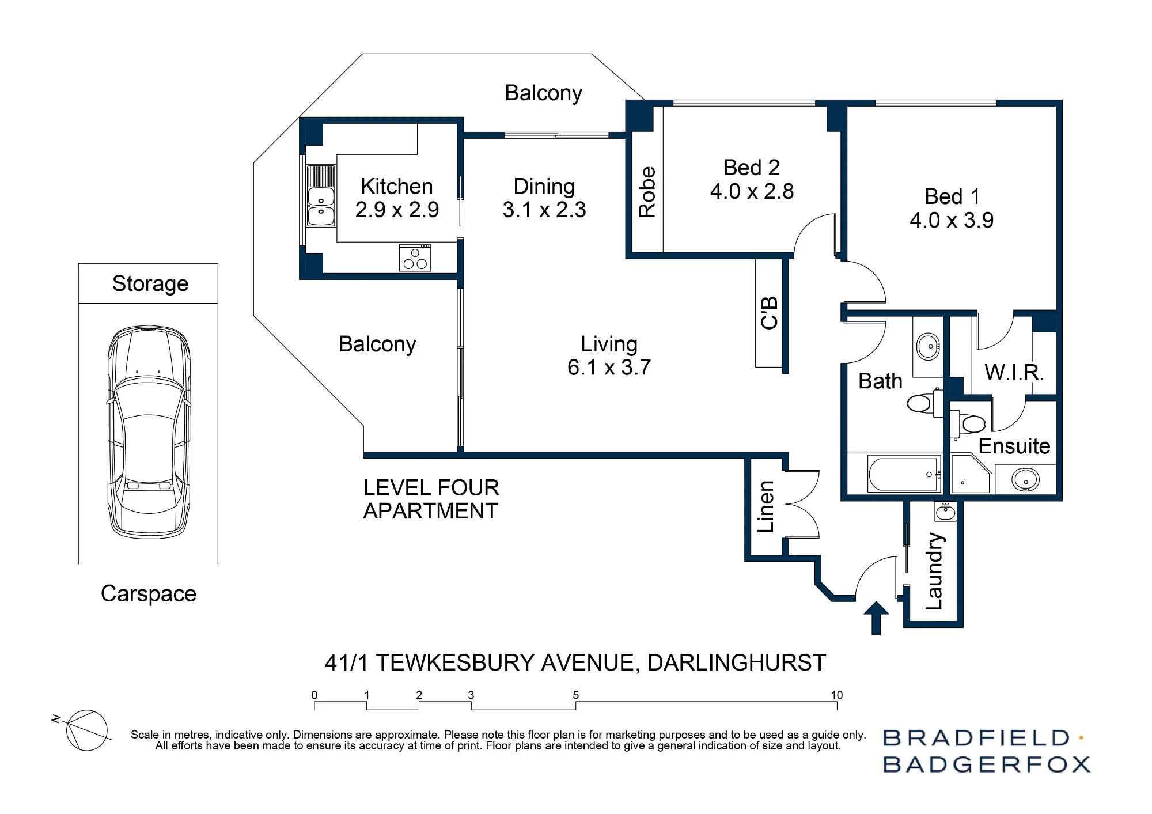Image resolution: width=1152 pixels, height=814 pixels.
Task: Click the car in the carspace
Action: (x=149, y=432)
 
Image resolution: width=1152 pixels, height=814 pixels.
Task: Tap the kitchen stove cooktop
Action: (x=415, y=258)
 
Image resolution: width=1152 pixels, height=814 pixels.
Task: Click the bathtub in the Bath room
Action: (x=904, y=474)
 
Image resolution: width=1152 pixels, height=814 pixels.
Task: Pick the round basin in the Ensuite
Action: (x=1025, y=479)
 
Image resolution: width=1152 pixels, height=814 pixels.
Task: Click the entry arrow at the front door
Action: (x=876, y=618)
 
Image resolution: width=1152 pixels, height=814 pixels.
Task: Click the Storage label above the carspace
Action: (x=150, y=283)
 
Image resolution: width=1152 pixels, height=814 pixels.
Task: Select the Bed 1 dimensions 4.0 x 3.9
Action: (x=952, y=220)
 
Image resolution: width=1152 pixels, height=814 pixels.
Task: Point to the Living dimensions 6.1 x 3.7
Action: (x=609, y=367)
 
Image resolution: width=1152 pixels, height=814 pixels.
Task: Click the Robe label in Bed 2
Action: (x=647, y=192)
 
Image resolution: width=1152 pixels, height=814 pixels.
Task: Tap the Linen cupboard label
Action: (x=766, y=506)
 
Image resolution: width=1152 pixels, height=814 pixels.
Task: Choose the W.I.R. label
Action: (x=1014, y=372)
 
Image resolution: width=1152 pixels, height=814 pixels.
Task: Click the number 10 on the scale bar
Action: (x=836, y=695)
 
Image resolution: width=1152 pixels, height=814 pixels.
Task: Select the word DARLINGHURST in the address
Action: (x=737, y=663)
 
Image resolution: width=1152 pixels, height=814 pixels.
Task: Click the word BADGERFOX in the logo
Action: (x=987, y=764)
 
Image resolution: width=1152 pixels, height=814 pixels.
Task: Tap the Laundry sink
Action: (x=945, y=511)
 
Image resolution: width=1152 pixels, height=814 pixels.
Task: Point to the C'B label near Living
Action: (x=770, y=313)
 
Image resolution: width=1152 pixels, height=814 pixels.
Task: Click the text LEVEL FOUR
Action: (x=431, y=488)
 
